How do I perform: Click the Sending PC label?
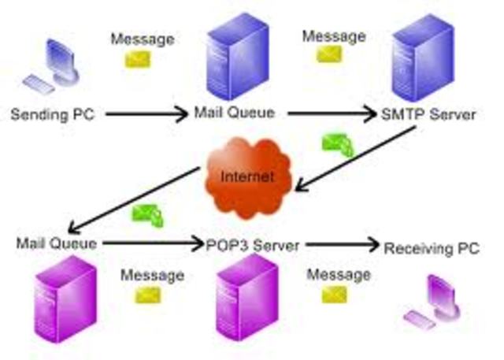tap(52, 114)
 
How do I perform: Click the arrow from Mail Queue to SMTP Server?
tap(332, 114)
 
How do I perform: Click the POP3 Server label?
tap(251, 245)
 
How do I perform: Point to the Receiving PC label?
tap(432, 249)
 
